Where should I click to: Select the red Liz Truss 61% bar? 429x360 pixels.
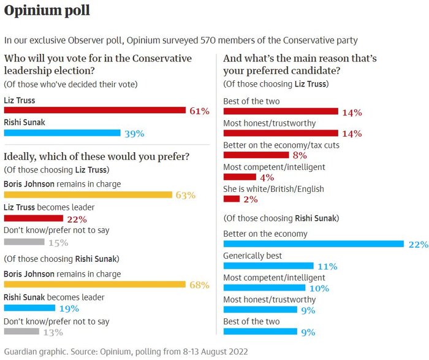(94, 110)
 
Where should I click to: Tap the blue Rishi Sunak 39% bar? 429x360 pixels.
(62, 132)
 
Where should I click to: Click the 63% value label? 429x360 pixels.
(185, 196)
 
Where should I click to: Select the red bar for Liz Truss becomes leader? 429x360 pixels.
(33, 218)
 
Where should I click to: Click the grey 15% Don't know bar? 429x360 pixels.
(24, 242)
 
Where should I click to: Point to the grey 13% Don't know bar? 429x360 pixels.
(22, 332)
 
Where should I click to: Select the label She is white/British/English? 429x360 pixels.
(273, 189)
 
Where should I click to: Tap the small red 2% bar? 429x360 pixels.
(232, 199)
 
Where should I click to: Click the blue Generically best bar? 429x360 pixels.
(268, 266)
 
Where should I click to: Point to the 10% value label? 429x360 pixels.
(318, 288)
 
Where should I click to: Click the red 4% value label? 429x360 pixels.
(267, 177)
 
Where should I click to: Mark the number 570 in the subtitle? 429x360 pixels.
(209, 40)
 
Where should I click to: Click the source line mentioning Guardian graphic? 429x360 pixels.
(125, 352)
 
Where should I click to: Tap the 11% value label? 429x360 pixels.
(327, 266)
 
